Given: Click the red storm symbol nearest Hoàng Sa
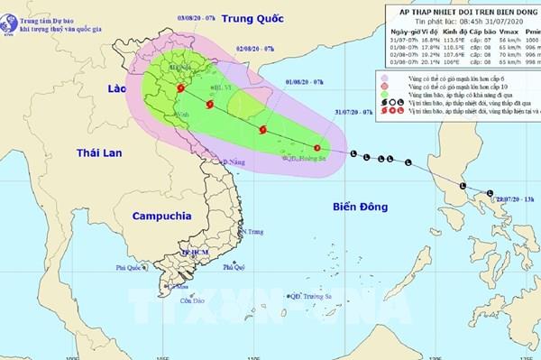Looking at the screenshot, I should (316, 147).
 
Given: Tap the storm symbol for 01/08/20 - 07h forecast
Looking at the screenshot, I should (263, 130).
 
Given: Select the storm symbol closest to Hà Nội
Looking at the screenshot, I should (181, 88).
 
